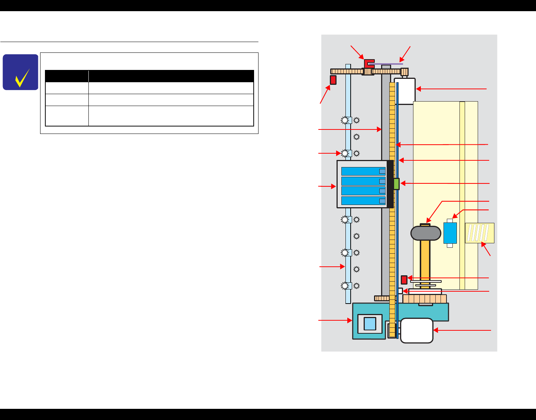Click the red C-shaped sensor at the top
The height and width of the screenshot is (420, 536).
368,63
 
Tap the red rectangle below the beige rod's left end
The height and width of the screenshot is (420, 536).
333,80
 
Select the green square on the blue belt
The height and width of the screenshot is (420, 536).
396,184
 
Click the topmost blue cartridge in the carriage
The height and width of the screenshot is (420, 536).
363,171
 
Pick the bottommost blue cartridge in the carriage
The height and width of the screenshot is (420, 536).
363,201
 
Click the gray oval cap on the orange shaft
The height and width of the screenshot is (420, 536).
426,233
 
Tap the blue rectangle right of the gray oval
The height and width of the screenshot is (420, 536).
450,233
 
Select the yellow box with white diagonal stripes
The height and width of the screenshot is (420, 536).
480,233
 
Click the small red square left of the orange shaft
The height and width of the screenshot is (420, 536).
404,280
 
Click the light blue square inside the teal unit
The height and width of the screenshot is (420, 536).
370,324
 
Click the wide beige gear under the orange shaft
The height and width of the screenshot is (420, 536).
425,299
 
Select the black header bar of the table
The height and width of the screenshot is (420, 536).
149,76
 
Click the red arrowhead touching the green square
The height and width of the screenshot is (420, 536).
402,183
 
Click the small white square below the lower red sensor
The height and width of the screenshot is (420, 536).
400,291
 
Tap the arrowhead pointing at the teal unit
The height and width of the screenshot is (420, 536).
350,320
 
